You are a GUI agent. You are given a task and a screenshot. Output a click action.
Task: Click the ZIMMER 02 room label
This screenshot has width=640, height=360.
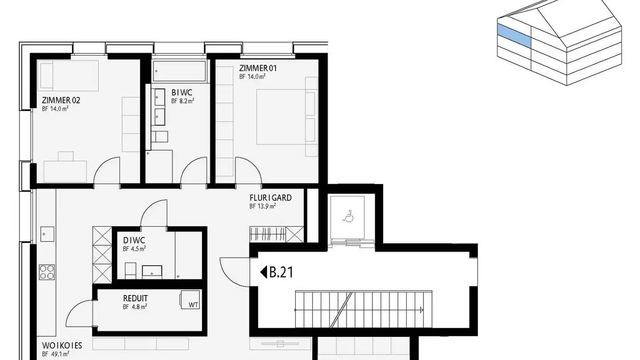61,100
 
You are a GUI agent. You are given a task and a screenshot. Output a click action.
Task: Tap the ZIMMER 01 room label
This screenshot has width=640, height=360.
258,68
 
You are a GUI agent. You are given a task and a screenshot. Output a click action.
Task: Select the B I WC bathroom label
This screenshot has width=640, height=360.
182,93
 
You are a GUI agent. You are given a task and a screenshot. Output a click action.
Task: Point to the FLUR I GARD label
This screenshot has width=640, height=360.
270,197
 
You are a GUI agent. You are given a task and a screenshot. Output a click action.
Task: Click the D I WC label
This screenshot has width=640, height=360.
134,240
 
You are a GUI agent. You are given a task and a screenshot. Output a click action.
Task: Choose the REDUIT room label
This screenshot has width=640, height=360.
136,298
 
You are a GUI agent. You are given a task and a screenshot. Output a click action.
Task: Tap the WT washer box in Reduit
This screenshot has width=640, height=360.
191,300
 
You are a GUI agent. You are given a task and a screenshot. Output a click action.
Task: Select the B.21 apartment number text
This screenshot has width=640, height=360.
281,272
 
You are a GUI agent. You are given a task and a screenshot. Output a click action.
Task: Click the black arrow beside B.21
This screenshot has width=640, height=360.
263,272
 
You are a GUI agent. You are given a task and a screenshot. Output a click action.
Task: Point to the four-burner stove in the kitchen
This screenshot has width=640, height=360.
47,272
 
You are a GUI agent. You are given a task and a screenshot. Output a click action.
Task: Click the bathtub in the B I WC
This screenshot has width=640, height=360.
179,71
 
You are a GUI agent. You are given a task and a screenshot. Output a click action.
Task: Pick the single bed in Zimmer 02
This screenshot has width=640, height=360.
69,74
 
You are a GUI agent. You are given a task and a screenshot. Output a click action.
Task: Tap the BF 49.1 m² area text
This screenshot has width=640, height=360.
56,354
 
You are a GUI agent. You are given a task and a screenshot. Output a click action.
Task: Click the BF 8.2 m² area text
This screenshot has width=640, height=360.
183,101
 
